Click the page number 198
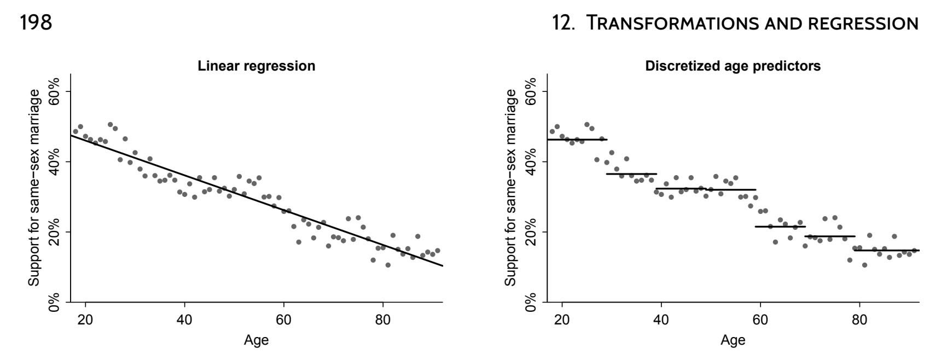[x=36, y=22]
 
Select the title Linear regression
[x=256, y=66]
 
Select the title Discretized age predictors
[x=733, y=66]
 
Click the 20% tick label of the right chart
[x=531, y=232]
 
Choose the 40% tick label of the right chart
[x=531, y=162]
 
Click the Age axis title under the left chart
[x=256, y=340]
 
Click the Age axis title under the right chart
[x=733, y=340]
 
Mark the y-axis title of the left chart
[x=34, y=187]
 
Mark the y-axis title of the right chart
[x=510, y=187]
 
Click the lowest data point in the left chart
[x=388, y=265]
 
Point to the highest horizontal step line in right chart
[x=577, y=140]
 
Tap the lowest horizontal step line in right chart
[x=886, y=251]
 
